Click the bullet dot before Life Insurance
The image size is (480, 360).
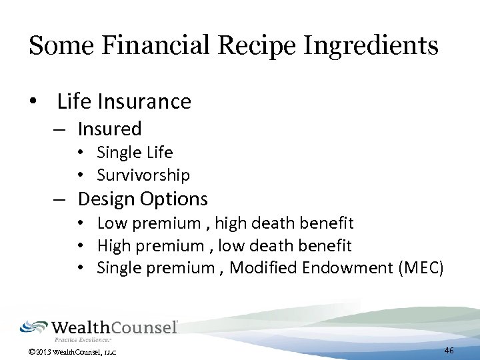(33, 102)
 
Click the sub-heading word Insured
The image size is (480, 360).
(109, 128)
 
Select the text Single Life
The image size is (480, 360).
(135, 153)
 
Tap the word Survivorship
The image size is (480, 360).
(143, 175)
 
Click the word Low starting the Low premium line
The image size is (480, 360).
(111, 223)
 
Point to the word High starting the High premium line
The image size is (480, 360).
(113, 245)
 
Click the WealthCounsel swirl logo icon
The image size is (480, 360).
(34, 327)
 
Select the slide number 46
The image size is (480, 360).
(449, 350)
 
